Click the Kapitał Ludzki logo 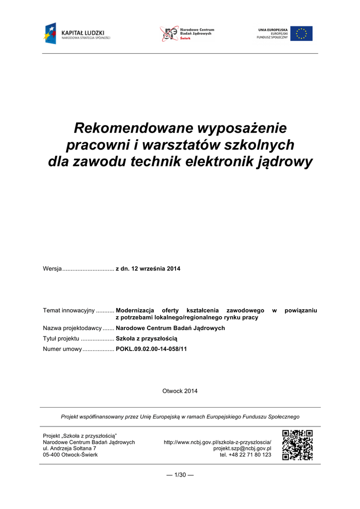tap(77, 34)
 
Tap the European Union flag tap(301, 34)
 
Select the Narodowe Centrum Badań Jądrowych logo tap(186, 34)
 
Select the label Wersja tap(52, 269)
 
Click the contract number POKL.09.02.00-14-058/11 tap(152, 349)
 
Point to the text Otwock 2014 tap(180, 391)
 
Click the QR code tap(297, 445)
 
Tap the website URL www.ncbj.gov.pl tap(218, 442)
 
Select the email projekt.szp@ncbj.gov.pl tap(242, 448)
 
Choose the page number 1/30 tap(180, 475)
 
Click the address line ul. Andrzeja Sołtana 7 tap(70, 448)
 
